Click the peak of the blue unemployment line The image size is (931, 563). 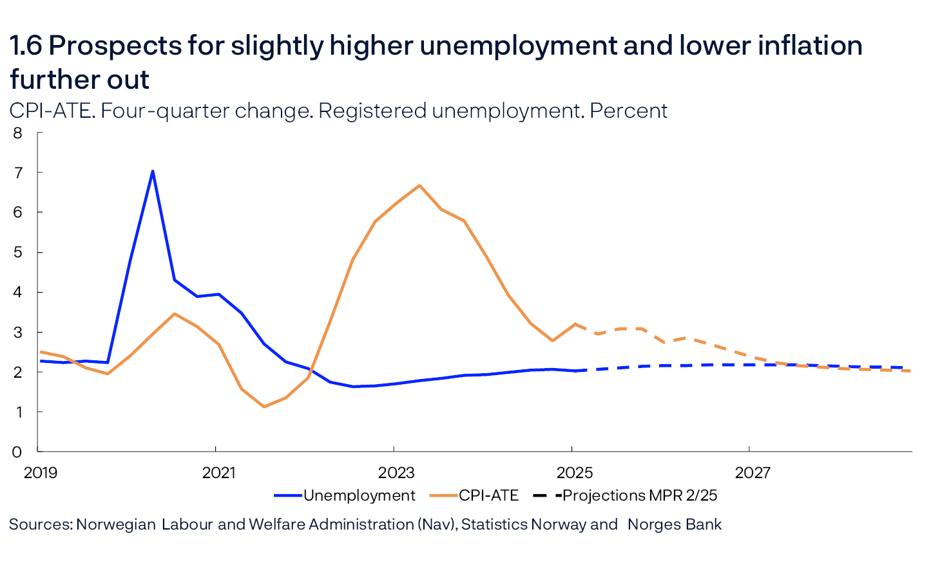[153, 171]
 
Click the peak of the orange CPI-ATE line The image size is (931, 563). [419, 185]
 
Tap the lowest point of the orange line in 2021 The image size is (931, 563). [264, 407]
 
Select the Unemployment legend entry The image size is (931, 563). [359, 495]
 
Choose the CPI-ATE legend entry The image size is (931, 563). [488, 495]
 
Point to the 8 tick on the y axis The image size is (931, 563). [17, 133]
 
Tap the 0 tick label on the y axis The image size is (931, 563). [17, 452]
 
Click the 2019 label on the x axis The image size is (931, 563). [40, 473]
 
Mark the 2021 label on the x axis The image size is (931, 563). [218, 473]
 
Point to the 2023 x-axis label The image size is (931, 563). [396, 473]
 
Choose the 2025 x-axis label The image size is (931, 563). [574, 473]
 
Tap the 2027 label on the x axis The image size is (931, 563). [753, 473]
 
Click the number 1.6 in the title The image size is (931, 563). [25, 46]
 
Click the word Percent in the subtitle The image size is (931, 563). [628, 111]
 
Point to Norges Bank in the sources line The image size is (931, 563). [674, 524]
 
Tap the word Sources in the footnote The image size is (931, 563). [40, 524]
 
